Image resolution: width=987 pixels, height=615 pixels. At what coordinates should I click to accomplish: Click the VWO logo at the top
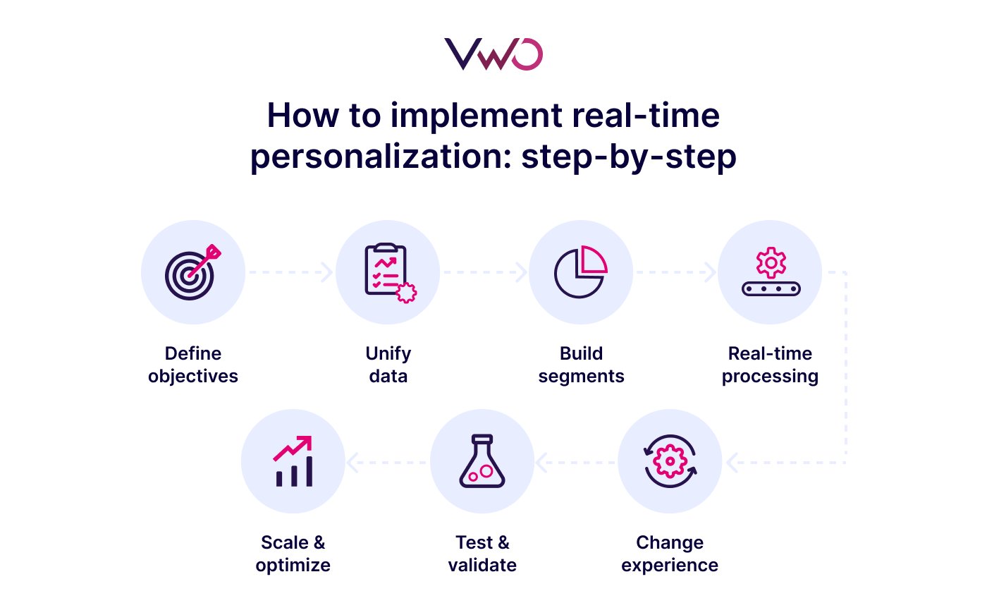pos(493,54)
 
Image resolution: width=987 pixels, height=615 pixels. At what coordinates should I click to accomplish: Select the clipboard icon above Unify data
pos(388,272)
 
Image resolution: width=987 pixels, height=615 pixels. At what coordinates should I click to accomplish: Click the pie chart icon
pos(581,272)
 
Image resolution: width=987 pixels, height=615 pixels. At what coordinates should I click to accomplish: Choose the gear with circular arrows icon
pos(670,462)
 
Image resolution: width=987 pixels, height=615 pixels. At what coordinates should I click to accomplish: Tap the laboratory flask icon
pos(482,462)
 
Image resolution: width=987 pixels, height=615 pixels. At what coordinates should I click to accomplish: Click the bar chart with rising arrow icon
pos(293,462)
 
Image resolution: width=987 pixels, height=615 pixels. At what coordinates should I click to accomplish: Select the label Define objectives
pos(193,365)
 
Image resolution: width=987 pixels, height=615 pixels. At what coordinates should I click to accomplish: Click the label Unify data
pos(388,365)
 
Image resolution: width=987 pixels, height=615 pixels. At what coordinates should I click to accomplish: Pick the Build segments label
pos(581,365)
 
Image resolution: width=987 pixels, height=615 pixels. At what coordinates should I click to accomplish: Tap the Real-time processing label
pos(770,365)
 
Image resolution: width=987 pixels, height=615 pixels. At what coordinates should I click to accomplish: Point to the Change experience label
pos(670,554)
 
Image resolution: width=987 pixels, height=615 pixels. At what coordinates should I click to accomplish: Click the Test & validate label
pos(482,554)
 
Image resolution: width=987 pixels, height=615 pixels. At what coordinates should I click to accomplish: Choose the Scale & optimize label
pos(293,554)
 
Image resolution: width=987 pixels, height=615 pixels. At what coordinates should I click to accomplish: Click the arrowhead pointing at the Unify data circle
pos(326,272)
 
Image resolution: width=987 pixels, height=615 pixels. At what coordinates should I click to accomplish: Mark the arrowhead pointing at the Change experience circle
pos(732,463)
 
